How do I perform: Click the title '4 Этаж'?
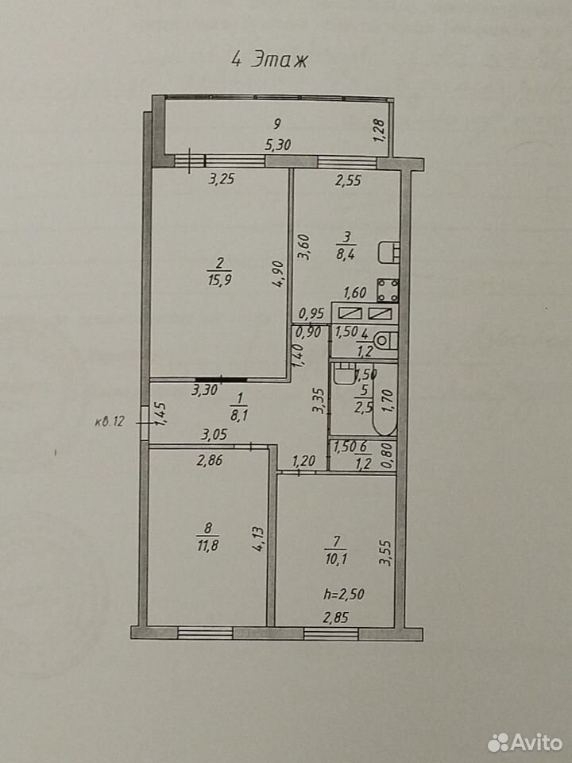[269, 60]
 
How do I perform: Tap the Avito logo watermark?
[525, 742]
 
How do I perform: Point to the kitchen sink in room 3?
[389, 252]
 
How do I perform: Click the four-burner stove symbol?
[388, 290]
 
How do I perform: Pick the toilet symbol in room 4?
[388, 340]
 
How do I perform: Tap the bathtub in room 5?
[385, 399]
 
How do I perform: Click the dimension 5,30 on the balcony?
[278, 145]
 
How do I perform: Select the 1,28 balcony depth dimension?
[380, 130]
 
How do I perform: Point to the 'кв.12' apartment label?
[110, 422]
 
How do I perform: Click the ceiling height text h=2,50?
[344, 595]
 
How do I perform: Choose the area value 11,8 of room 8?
[208, 545]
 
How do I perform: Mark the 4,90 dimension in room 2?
[278, 275]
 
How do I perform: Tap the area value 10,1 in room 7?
[336, 559]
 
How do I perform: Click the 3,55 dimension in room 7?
[385, 553]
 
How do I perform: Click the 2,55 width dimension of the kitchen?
[348, 180]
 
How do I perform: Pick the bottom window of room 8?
[205, 633]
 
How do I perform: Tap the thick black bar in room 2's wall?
[221, 378]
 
